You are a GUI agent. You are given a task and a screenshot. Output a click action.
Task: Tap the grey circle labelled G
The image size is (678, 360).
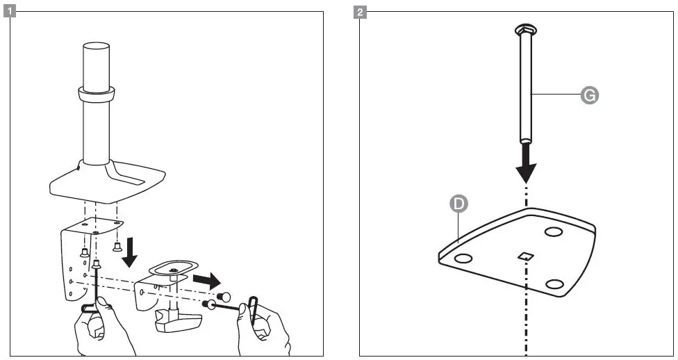click(x=589, y=96)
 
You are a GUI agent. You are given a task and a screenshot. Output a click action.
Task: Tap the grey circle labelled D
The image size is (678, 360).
click(x=458, y=204)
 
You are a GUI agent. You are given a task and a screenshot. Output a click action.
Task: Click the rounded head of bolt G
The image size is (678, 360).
click(x=526, y=29)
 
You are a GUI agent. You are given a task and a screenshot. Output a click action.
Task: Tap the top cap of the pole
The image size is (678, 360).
click(x=97, y=46)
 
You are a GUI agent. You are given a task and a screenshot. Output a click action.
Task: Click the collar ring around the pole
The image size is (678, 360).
click(x=97, y=92)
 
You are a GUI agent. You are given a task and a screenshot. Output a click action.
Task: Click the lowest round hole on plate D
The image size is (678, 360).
click(x=554, y=284)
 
